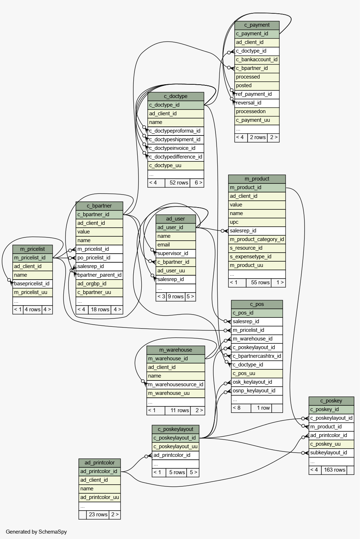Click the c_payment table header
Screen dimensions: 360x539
pos(257,25)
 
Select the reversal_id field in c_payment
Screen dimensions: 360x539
pos(257,103)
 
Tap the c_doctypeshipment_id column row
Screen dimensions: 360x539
pos(175,139)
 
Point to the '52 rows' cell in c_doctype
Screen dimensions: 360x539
pos(179,183)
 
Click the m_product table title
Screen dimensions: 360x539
pos(257,179)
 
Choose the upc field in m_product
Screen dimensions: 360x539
pos(257,222)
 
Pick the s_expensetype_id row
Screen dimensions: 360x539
pos(257,257)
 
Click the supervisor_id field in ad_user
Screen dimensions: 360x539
pos(175,253)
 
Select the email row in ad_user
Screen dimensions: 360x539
pos(175,245)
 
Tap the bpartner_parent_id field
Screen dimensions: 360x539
pos(99,275)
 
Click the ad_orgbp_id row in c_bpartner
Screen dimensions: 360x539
pos(99,284)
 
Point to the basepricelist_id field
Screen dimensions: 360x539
pos(32,284)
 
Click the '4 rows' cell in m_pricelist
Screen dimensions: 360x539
pos(32,310)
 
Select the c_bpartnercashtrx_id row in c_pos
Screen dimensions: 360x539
pos(257,356)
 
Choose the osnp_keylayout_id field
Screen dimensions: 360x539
pos(257,391)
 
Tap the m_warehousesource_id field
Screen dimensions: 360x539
pos(175,384)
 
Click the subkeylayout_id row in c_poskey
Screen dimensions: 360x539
pos(332,453)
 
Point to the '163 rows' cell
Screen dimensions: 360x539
pos(334,470)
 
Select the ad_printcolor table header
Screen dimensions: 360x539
pos(99,463)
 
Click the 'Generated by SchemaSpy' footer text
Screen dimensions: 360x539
pos(36,532)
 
